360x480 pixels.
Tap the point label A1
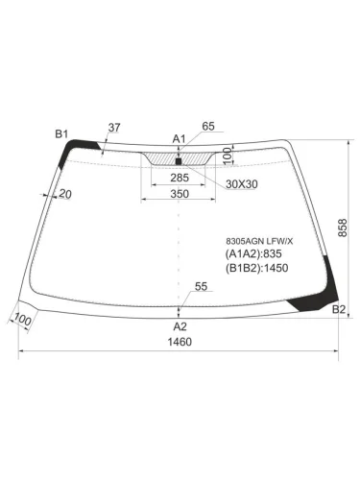(x=179, y=139)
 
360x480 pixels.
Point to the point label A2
(x=180, y=326)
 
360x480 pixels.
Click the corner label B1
(x=61, y=133)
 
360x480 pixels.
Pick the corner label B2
(x=338, y=309)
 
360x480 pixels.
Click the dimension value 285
(x=179, y=178)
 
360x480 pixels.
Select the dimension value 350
(x=179, y=195)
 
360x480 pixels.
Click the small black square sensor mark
(x=179, y=159)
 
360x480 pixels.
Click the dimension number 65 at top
(x=209, y=126)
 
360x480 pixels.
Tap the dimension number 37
(x=114, y=127)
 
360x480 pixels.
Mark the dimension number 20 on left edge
(x=65, y=196)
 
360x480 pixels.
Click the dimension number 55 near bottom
(x=201, y=286)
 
